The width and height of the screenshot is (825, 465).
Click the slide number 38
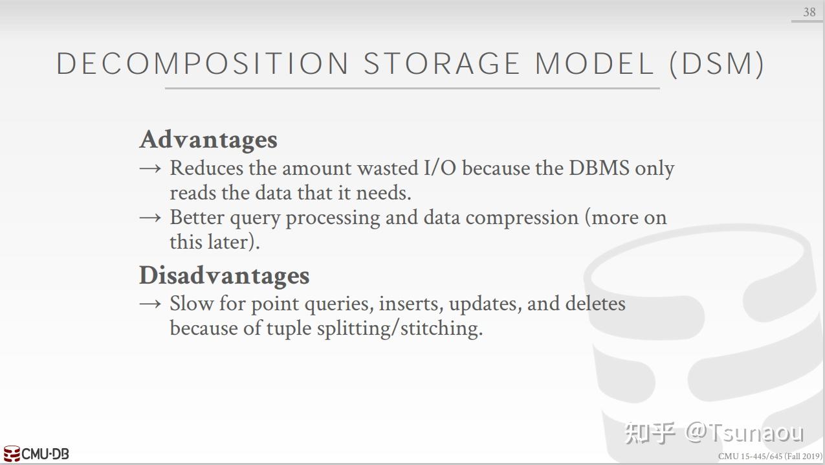click(x=809, y=12)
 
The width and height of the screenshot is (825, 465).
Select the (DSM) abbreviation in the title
click(x=717, y=64)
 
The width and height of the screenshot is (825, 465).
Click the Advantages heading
click(x=208, y=140)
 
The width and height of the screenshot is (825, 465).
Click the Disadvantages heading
click(x=225, y=275)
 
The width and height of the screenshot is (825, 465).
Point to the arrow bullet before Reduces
click(x=150, y=169)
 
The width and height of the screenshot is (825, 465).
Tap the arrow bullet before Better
click(x=150, y=218)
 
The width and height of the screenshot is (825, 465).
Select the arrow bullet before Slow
click(x=150, y=304)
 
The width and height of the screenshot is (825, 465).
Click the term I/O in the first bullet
click(x=440, y=168)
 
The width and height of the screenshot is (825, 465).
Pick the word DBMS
click(x=599, y=168)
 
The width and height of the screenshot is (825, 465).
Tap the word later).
click(x=234, y=242)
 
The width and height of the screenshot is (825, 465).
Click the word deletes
click(x=595, y=304)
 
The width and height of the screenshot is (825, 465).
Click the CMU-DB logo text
click(x=45, y=454)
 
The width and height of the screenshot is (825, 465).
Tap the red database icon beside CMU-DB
click(x=12, y=453)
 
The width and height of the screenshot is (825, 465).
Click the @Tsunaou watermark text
click(x=744, y=433)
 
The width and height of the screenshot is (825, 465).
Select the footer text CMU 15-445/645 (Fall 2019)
click(x=770, y=457)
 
